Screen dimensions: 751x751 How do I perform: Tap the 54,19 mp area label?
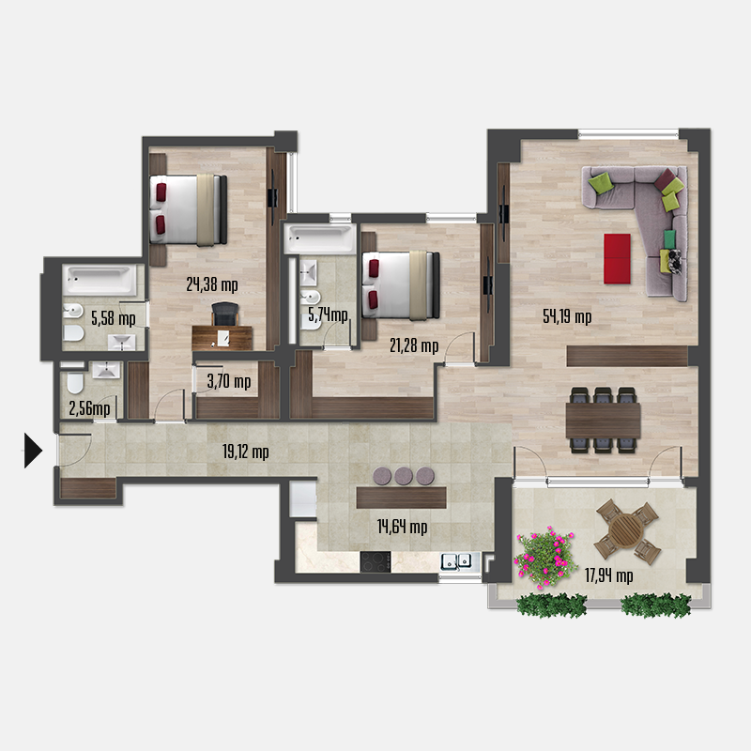(x=567, y=316)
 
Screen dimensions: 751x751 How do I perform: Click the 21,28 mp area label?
(x=414, y=346)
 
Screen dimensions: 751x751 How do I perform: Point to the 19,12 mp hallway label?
(x=246, y=452)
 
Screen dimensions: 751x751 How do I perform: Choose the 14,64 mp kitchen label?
(x=402, y=528)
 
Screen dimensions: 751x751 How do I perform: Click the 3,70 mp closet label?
(x=228, y=381)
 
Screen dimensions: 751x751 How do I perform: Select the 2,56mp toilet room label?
(x=89, y=408)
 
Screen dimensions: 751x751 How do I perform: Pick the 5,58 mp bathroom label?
(x=113, y=318)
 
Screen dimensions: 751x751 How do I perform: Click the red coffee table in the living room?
(x=617, y=257)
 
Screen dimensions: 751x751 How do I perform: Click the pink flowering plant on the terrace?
(x=544, y=555)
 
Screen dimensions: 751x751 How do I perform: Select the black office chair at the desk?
(x=223, y=314)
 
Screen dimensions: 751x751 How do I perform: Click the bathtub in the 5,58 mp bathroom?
(x=98, y=280)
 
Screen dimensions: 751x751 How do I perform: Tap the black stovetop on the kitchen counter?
(x=375, y=561)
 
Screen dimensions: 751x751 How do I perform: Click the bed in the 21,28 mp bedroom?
(x=402, y=284)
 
